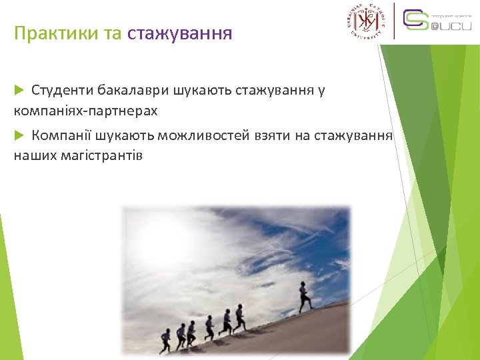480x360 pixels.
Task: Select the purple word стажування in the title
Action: [179, 33]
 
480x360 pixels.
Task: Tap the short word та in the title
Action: [111, 33]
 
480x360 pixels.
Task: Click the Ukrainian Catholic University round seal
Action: [365, 22]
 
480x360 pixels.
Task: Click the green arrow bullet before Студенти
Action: [19, 89]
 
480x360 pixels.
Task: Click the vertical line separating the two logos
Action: [394, 21]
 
